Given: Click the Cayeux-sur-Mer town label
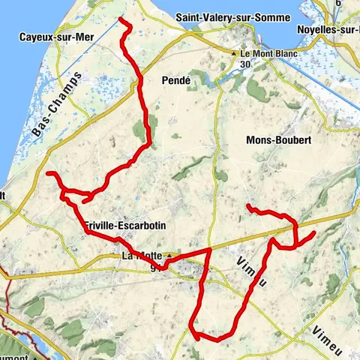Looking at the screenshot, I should click(52, 35).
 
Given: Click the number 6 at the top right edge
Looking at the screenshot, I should click(339, 4).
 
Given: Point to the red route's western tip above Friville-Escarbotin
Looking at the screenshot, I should click(48, 174).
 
